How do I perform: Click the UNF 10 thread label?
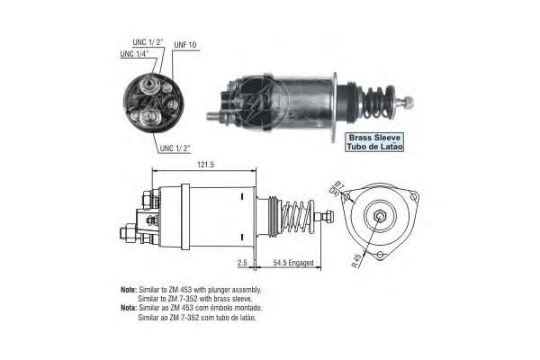185,45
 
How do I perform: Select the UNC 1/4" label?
134,54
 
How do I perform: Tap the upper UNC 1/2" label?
148,42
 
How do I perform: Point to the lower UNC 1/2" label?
175,148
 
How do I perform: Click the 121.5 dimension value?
205,165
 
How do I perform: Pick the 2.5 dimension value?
242,263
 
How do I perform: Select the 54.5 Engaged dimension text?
293,263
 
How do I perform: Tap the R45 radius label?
356,260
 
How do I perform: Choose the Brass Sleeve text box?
374,142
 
